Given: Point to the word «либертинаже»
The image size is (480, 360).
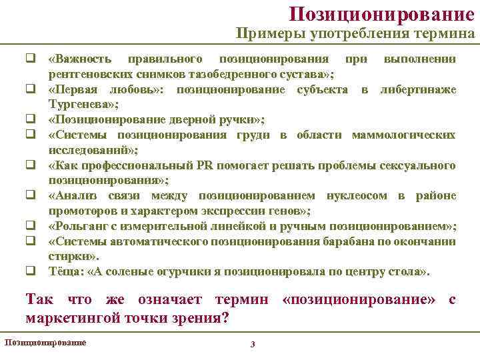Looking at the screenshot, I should tap(417, 90).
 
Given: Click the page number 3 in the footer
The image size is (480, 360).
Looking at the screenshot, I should tap(252, 344).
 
